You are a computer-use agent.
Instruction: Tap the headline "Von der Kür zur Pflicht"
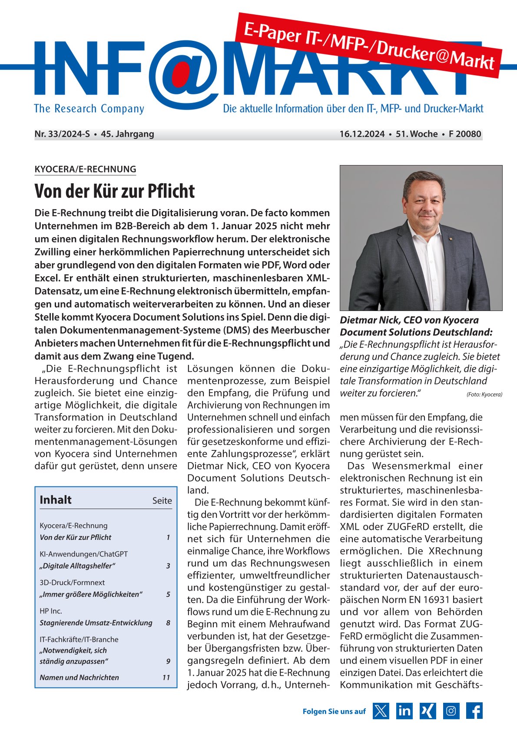(115, 191)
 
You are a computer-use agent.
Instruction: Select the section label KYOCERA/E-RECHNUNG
(85, 169)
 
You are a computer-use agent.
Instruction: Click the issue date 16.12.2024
(362, 134)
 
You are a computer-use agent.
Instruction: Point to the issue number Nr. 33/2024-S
(62, 134)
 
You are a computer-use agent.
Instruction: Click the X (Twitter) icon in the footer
(381, 711)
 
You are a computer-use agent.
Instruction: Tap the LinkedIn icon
(404, 711)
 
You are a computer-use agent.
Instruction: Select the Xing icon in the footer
(428, 711)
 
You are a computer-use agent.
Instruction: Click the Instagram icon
(451, 711)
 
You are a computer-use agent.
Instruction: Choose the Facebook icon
(474, 711)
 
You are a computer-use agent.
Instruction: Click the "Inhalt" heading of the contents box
(56, 500)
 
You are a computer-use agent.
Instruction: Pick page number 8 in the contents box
(168, 623)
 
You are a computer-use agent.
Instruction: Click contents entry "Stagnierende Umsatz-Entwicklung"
(96, 623)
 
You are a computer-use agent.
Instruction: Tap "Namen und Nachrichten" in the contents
(79, 678)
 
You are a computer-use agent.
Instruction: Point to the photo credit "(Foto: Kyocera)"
(484, 394)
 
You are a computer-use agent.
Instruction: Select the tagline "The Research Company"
(89, 109)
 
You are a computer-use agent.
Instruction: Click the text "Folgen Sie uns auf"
(334, 711)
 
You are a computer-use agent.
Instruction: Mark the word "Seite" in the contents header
(162, 501)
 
